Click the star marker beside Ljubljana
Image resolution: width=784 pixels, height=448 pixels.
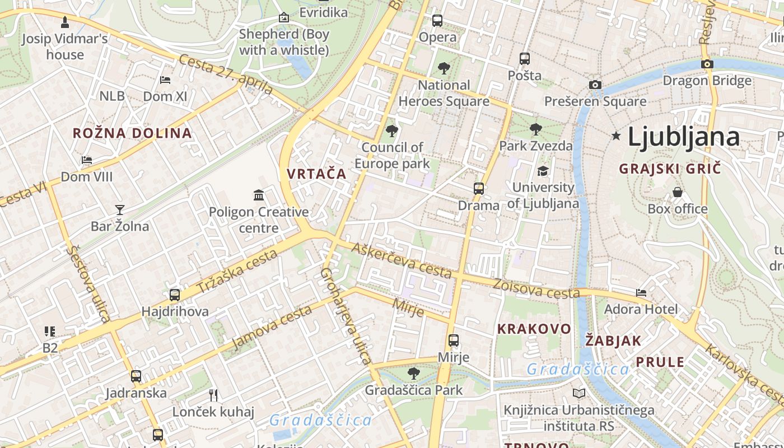click(x=617, y=136)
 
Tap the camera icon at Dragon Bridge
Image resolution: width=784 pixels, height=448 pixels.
click(x=707, y=64)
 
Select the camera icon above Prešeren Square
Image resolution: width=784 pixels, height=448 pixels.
click(x=595, y=85)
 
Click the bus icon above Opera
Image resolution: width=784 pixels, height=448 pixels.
click(x=437, y=21)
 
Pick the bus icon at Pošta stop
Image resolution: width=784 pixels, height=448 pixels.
click(x=525, y=58)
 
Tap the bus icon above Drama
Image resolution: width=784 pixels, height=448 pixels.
click(x=479, y=188)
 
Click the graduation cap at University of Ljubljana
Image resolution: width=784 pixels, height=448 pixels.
click(x=543, y=171)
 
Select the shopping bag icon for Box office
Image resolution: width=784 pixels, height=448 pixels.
click(x=678, y=192)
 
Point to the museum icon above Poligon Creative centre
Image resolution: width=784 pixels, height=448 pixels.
click(x=259, y=195)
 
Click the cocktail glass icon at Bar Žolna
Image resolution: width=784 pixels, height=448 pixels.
click(x=119, y=210)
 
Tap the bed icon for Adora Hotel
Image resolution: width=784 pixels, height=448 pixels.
click(x=641, y=292)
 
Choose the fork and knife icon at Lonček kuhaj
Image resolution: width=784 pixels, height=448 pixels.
click(x=213, y=395)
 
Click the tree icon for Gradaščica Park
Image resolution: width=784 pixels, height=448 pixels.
click(x=413, y=373)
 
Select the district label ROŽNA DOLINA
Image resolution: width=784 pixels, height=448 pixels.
click(x=132, y=133)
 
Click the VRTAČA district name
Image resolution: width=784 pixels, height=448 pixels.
click(x=316, y=174)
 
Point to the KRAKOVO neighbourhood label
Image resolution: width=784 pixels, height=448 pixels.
click(x=534, y=329)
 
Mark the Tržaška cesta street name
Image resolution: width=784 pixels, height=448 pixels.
click(x=237, y=272)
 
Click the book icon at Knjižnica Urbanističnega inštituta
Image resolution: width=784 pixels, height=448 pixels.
click(x=579, y=394)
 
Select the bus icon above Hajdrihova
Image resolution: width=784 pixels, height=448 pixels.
click(x=175, y=295)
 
